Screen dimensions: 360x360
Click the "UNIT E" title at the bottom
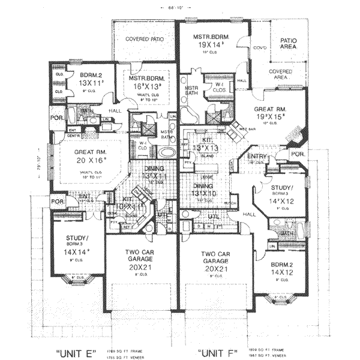(x=75, y=352)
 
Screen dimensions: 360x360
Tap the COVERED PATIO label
(x=144, y=40)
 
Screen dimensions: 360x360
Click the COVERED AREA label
(x=281, y=74)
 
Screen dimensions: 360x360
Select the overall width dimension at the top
(x=175, y=7)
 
